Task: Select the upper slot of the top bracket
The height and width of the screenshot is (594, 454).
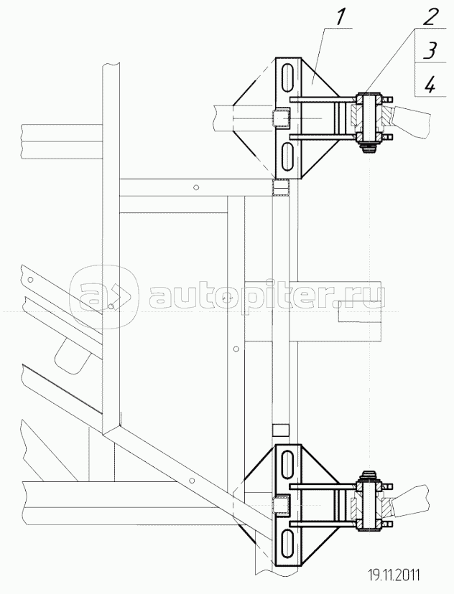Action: coord(287,77)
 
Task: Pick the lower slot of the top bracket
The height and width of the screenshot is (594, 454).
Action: coord(287,156)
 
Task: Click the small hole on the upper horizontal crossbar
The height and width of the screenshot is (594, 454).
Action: coord(195,187)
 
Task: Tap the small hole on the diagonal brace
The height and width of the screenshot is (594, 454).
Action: coord(192,481)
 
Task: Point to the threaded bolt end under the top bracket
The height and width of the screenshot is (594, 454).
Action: coord(368,149)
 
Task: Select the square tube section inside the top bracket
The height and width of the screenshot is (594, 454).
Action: coord(281,117)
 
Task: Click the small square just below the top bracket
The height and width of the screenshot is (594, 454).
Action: coord(281,187)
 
